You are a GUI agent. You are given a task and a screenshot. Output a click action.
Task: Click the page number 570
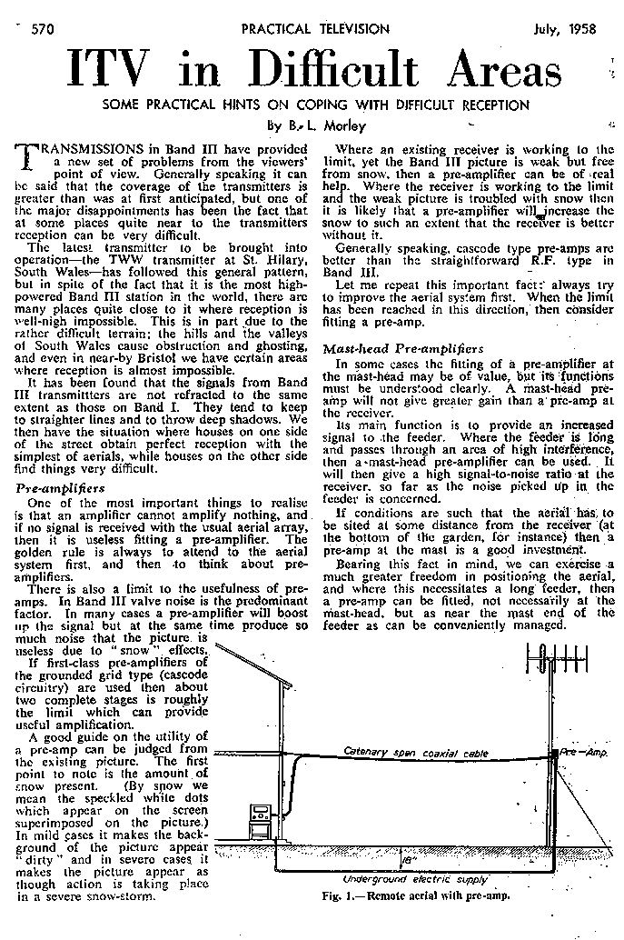41,29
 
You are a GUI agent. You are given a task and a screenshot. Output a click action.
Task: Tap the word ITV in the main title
113,71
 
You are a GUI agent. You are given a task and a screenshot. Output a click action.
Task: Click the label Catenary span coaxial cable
417,753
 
